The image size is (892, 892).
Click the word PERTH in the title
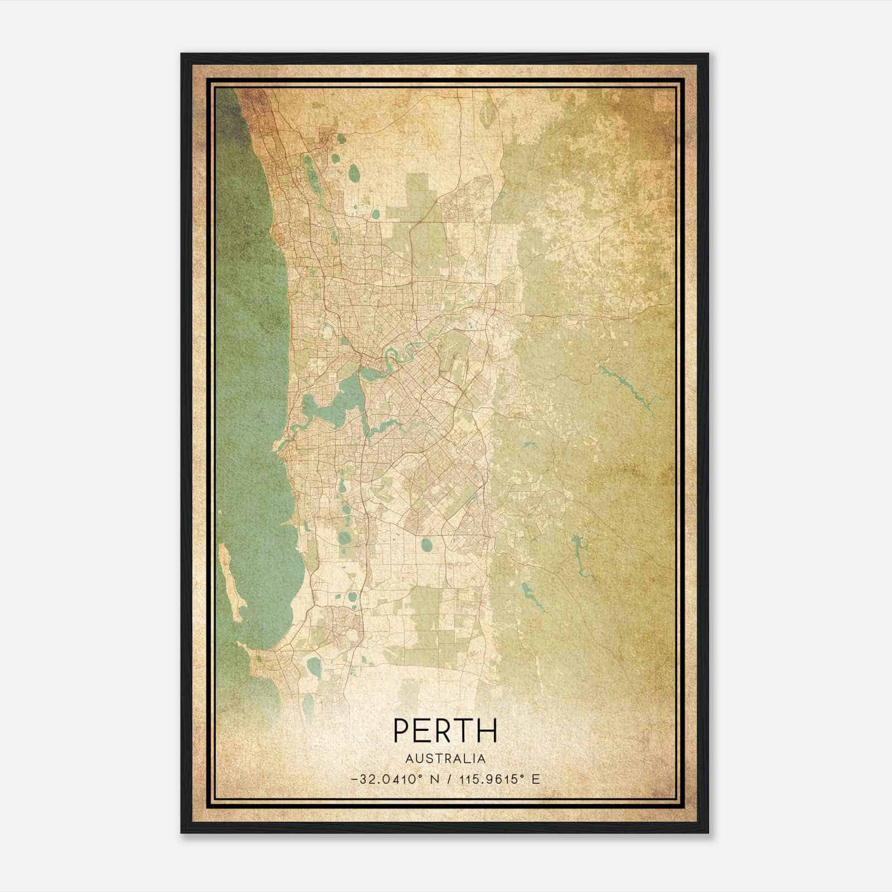click(445, 730)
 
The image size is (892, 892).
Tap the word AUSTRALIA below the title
click(445, 759)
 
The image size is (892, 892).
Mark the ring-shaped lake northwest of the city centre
click(327, 333)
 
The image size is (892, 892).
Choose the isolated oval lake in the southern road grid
click(426, 544)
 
